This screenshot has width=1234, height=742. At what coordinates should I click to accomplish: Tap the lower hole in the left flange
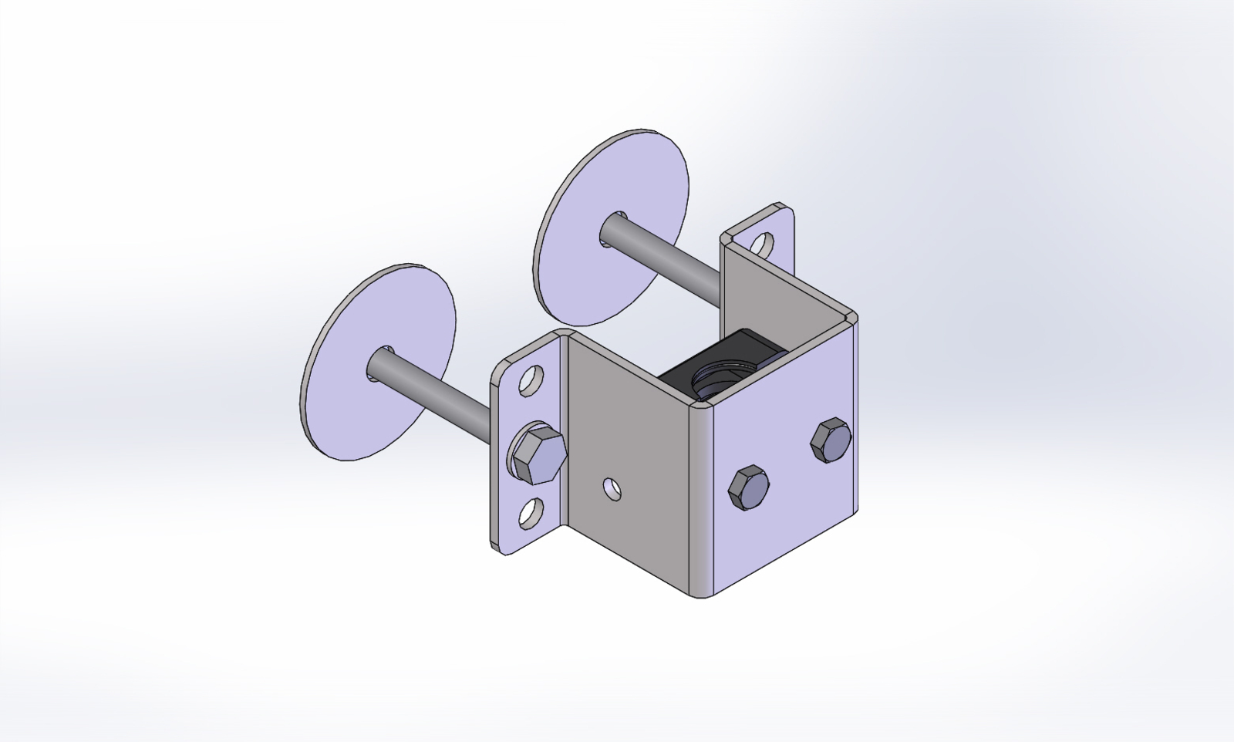point(531,514)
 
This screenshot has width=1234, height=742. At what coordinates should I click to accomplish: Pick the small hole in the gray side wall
point(612,487)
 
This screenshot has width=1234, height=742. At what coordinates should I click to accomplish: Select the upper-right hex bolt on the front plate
point(831,440)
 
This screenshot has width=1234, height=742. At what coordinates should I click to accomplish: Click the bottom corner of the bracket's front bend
point(702,595)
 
